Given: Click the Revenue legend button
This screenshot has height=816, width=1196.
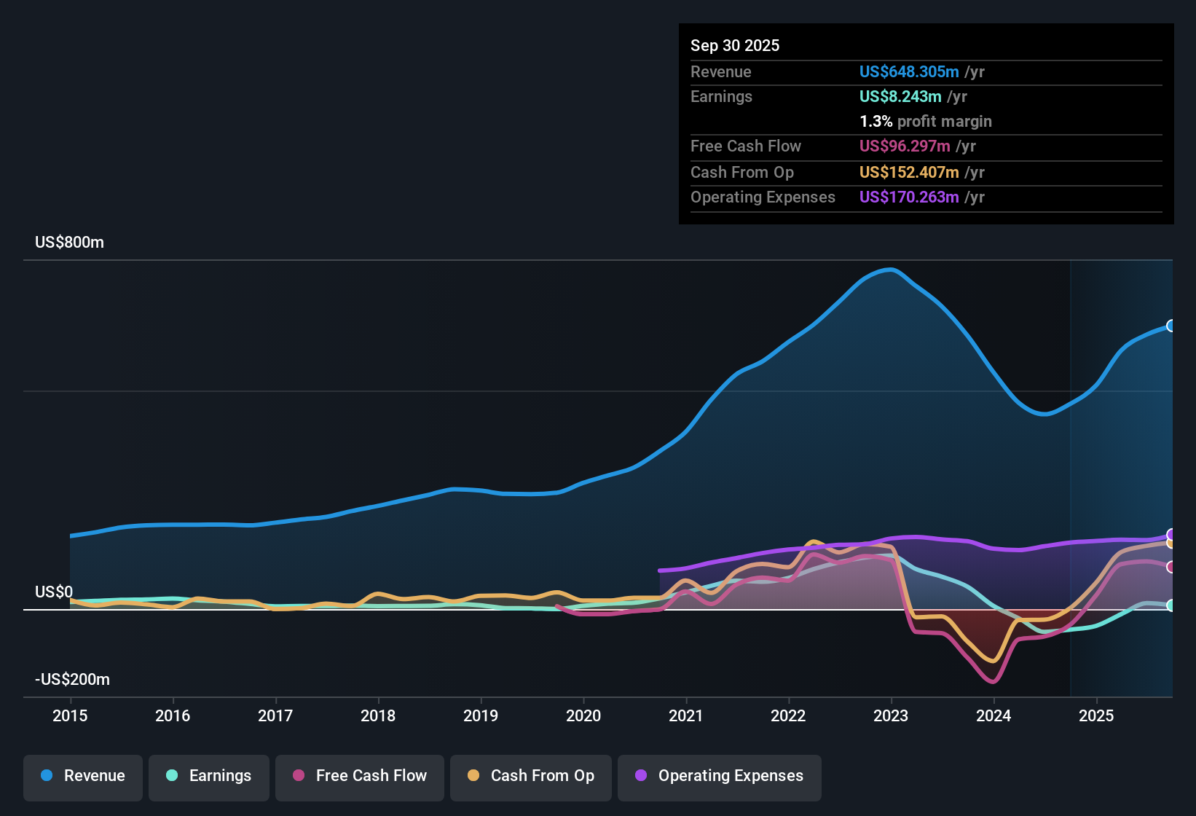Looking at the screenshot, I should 83,776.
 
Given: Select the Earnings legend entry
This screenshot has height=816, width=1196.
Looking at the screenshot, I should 209,776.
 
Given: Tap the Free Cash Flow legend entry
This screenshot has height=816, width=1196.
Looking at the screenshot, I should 360,776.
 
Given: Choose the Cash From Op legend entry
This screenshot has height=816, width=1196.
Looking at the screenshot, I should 531,776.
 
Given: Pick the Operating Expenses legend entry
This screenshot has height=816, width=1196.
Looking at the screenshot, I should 720,776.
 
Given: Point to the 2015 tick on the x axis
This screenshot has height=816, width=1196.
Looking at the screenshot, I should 70,715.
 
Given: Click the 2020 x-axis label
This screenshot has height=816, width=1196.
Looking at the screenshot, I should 583,715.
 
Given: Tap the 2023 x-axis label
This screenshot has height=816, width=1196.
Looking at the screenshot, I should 891,715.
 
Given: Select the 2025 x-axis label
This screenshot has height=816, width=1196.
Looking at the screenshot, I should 1096,715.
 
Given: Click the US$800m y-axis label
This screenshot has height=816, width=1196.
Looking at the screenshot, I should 69,243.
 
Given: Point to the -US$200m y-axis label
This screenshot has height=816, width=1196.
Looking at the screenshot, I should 72,680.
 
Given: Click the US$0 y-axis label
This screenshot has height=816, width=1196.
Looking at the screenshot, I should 54,592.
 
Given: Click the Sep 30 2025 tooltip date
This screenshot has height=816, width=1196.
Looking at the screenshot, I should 735,46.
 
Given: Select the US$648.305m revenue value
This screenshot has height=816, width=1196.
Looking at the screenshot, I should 909,72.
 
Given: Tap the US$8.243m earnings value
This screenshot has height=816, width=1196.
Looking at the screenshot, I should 900,97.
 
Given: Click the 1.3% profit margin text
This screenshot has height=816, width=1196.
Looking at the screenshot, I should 926,122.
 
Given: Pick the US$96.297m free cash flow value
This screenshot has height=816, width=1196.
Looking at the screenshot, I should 905,146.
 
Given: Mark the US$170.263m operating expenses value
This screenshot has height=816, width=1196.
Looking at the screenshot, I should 909,197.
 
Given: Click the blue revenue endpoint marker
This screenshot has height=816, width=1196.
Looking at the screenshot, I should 1171,326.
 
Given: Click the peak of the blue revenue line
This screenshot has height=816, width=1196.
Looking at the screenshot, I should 892,270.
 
